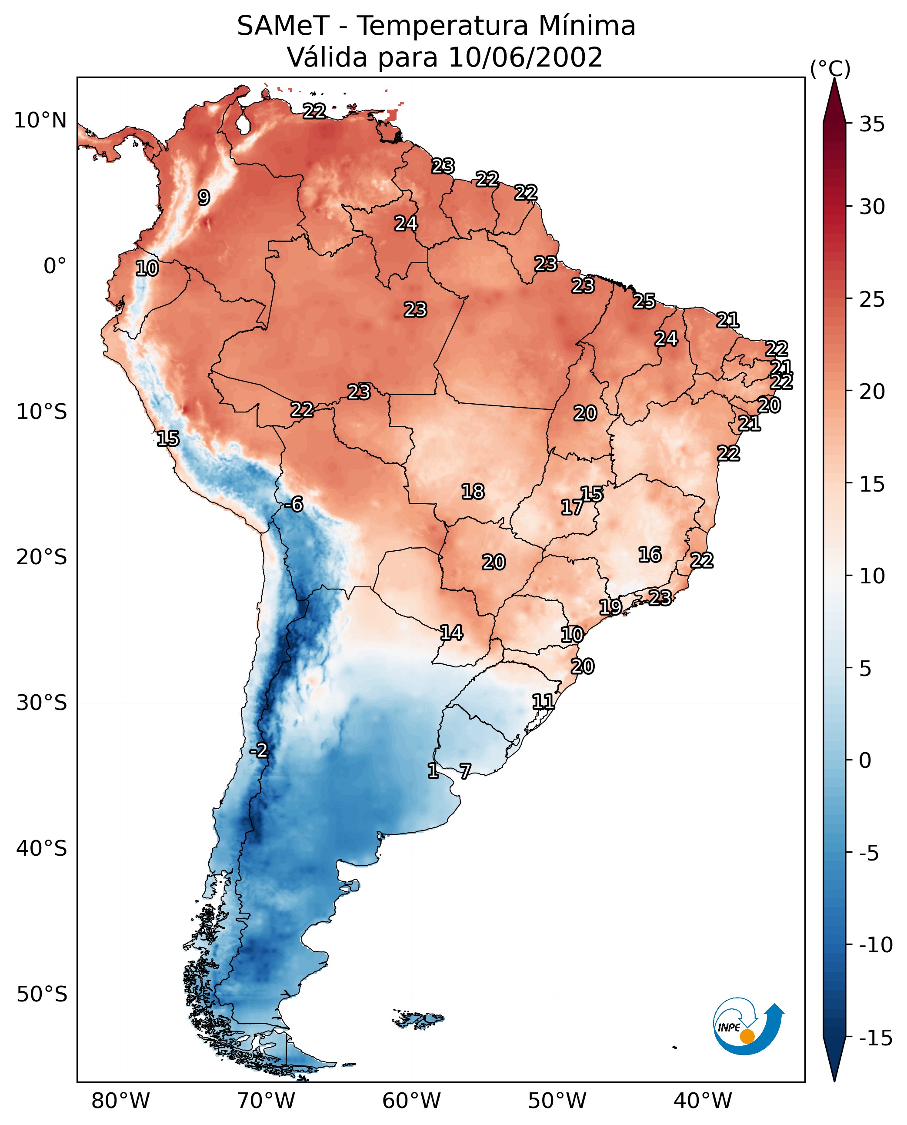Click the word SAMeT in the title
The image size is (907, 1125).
tap(283, 26)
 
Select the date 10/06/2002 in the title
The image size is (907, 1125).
tap(526, 57)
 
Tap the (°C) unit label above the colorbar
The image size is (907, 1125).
tap(830, 68)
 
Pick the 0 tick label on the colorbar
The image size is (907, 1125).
tap(865, 760)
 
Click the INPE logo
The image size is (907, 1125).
tap(748, 1026)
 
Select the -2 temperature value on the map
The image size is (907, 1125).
tap(259, 750)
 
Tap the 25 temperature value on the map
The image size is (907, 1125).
tap(644, 301)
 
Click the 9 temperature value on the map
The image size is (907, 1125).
tap(204, 197)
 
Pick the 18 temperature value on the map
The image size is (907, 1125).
tap(473, 492)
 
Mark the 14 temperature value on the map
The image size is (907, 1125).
tap(451, 633)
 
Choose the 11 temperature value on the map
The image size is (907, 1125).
tap(544, 701)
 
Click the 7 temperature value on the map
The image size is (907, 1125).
tap(465, 770)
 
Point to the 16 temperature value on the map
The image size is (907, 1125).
tap(650, 554)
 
